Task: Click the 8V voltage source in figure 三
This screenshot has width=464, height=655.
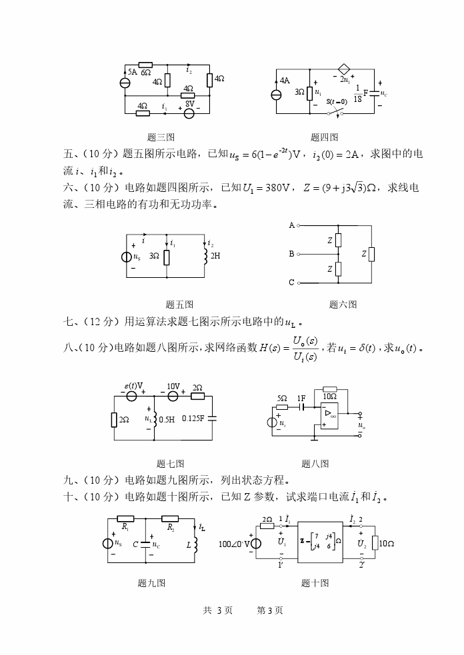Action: (x=189, y=113)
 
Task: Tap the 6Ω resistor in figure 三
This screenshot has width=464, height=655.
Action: (x=145, y=65)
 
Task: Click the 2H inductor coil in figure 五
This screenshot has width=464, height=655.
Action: (x=205, y=256)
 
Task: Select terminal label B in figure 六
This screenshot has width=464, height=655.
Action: (x=291, y=254)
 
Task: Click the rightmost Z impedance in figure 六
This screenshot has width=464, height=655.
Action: (x=371, y=254)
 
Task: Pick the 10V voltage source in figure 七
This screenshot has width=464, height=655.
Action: (x=173, y=396)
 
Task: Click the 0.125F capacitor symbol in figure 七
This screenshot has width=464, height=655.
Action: (x=212, y=418)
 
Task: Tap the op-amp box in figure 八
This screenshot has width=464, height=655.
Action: (x=330, y=414)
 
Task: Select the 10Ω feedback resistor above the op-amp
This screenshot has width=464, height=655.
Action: (x=330, y=389)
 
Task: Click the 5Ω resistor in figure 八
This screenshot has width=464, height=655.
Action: (x=283, y=406)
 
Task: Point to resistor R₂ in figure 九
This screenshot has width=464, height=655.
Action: (x=171, y=518)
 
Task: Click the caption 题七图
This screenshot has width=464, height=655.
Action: (x=170, y=464)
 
